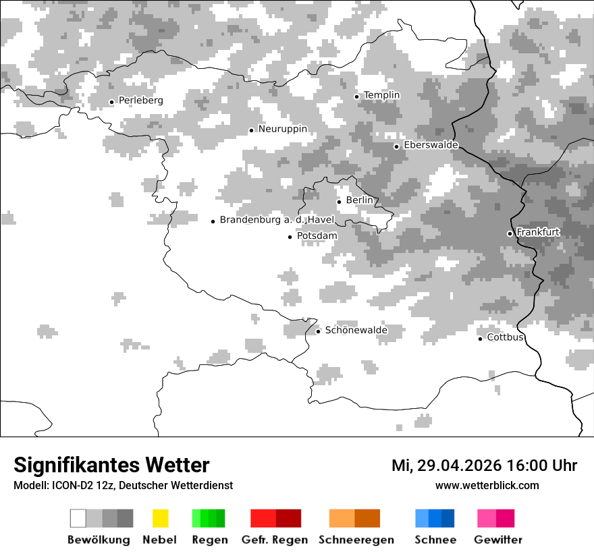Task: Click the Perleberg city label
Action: coord(140,101)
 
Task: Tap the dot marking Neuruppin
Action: coord(251,130)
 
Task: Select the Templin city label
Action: coord(381,95)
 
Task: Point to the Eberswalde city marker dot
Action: coord(397,146)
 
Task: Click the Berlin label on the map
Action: coord(359,200)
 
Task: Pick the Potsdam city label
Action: coord(317,235)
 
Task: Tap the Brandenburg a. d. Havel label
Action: coord(277,220)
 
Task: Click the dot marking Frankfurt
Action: coord(510,233)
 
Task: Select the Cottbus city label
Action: coord(506,337)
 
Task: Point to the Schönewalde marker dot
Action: coord(318,331)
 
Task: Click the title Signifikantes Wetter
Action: coord(111,466)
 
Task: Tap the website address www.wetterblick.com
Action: coord(487,485)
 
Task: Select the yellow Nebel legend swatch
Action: coord(161,518)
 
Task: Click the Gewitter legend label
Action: coord(498,540)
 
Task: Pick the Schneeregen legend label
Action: coord(356,540)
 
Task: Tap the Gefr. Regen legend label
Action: coord(275,540)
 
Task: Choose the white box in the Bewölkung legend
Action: coord(78,518)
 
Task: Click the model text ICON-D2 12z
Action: coord(83,486)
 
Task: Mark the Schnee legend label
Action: coord(435,540)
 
